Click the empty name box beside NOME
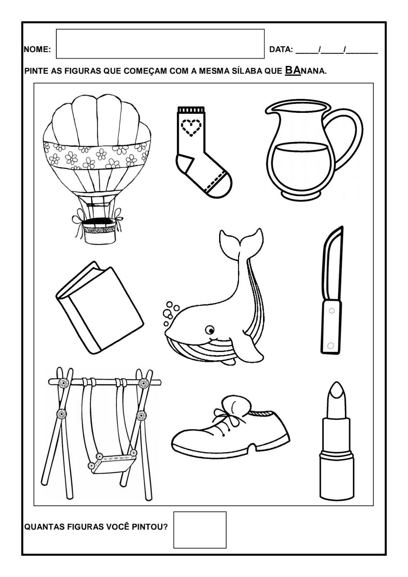pos(160,44)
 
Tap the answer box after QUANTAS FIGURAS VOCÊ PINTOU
pos(200,530)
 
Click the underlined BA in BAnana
pos(293,70)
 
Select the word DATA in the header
pos(281,49)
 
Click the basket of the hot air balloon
pos(99,230)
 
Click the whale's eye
pos(209,330)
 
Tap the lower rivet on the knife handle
pos(331,345)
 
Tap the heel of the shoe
pos(271,444)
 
